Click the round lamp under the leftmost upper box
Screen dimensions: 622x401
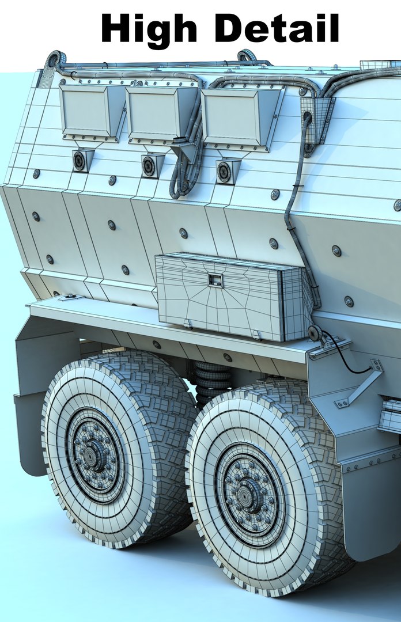[x=80, y=161]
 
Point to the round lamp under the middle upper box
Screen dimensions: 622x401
[x=149, y=166]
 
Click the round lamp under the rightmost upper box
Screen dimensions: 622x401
[x=224, y=172]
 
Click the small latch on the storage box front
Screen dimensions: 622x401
[x=215, y=280]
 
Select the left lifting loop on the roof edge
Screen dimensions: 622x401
[x=56, y=59]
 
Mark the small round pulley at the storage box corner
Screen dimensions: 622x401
[x=315, y=333]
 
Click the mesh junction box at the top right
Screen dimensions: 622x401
[x=316, y=118]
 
